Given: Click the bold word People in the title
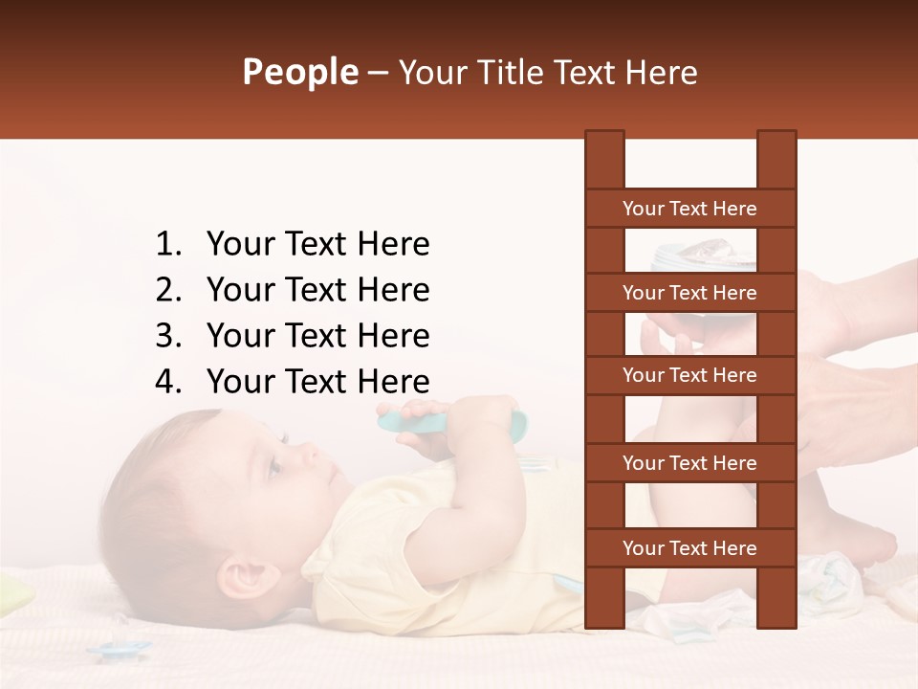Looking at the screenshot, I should tap(299, 73).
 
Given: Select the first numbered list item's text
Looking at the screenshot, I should tap(317, 244).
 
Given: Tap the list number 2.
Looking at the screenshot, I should tap(168, 290).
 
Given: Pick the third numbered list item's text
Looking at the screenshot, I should tap(317, 336).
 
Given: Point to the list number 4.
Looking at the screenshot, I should tap(168, 382).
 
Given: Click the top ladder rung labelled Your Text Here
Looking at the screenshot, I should tap(689, 209).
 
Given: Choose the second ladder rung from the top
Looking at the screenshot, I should tap(689, 293).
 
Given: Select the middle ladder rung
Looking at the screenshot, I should tap(689, 375).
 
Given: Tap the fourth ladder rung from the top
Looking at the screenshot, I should tap(689, 463).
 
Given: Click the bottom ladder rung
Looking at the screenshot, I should tap(689, 548).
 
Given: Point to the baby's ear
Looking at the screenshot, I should tap(240, 578).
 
